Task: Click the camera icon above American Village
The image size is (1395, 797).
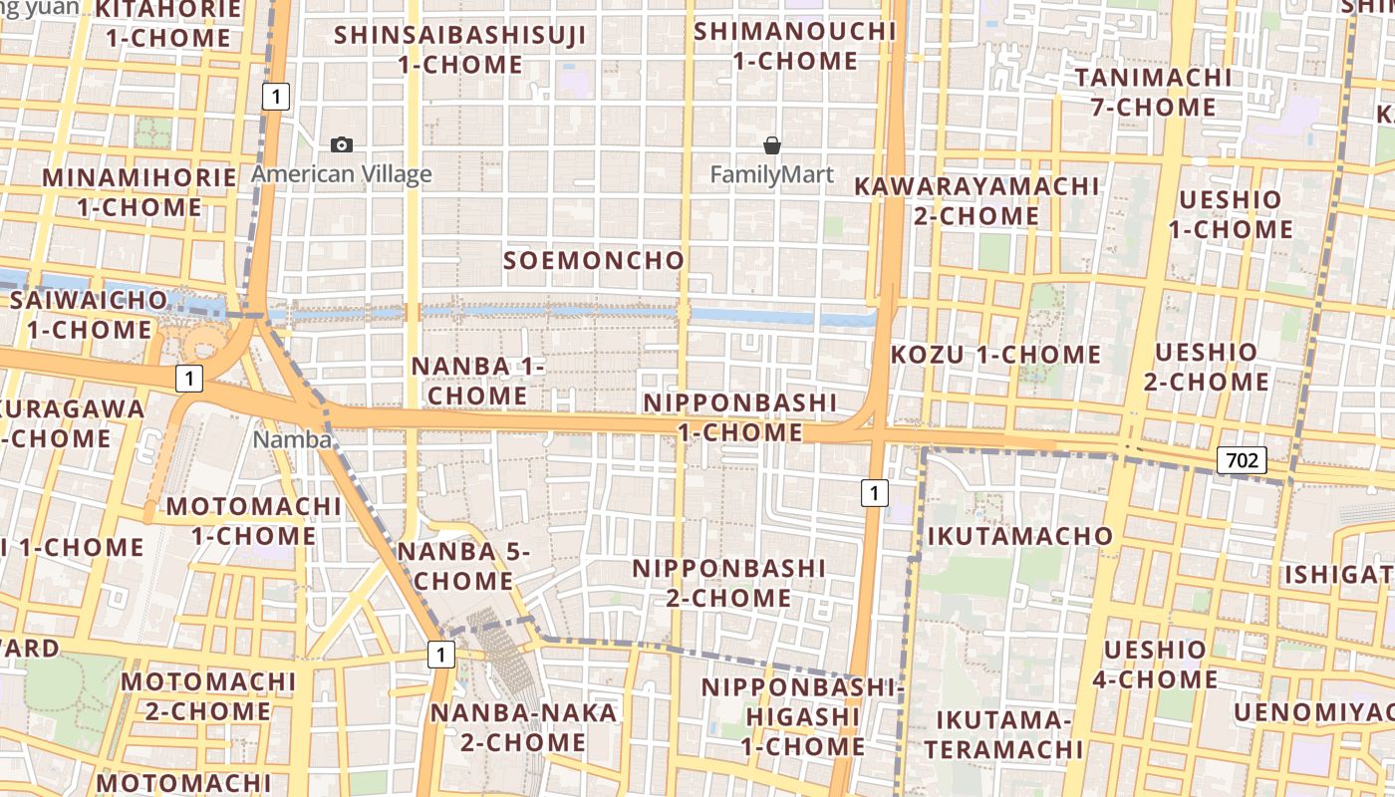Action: (342, 145)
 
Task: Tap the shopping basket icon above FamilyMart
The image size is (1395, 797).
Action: (771, 145)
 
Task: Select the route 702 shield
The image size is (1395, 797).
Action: (1241, 460)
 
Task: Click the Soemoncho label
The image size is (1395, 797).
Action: (594, 261)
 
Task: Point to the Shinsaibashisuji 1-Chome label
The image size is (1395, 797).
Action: (460, 50)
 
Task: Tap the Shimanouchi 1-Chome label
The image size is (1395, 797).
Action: (795, 46)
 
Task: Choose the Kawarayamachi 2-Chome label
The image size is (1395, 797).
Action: (976, 200)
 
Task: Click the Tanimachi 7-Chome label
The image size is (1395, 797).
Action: (1154, 92)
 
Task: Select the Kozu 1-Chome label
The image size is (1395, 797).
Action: (995, 355)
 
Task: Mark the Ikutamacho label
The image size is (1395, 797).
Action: (1020, 536)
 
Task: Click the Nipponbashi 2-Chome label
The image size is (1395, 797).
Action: (729, 583)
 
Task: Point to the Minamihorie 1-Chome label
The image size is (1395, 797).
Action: (139, 192)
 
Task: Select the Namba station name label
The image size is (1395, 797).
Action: (291, 439)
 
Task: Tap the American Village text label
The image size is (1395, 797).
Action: (342, 175)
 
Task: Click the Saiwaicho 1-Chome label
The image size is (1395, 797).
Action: (89, 314)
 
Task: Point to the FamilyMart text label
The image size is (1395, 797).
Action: (771, 175)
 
